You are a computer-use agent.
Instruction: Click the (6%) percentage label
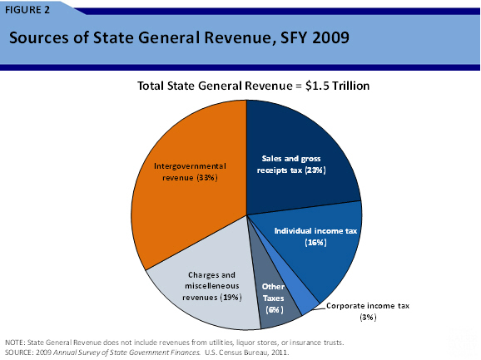(x=272, y=308)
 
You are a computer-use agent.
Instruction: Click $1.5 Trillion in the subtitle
(x=324, y=85)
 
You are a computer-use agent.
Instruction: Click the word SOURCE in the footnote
(x=18, y=352)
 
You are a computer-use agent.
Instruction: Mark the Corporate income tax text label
(x=366, y=306)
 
